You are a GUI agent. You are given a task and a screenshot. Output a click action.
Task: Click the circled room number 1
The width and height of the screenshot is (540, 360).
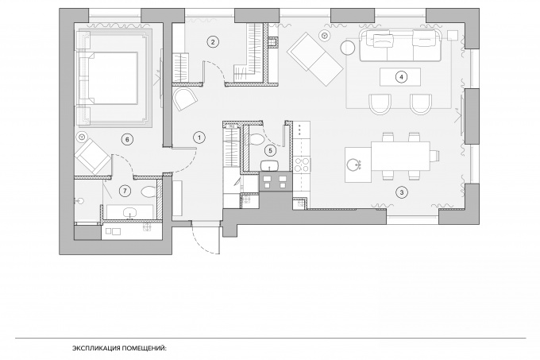[x=199, y=137]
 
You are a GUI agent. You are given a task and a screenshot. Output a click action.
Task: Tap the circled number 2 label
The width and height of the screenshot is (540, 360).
[x=213, y=42]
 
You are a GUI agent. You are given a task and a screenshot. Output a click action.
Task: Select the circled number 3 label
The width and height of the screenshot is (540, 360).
[x=402, y=192]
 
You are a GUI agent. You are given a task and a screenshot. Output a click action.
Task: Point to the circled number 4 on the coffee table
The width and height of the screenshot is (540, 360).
[x=401, y=77]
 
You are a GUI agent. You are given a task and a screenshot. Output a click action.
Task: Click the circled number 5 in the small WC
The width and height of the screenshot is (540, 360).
[x=270, y=150]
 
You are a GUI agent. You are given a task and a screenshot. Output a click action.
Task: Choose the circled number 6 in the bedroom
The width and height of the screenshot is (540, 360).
[x=127, y=140]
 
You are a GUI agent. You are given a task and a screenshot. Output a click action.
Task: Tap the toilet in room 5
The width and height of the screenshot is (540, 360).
[x=256, y=139]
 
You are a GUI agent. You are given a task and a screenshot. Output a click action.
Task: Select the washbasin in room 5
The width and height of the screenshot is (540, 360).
[x=270, y=166]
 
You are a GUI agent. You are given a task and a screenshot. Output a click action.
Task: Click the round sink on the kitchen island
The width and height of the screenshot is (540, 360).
[x=354, y=165]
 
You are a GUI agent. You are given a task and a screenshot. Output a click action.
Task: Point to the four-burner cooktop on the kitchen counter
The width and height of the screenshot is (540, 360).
[x=302, y=164]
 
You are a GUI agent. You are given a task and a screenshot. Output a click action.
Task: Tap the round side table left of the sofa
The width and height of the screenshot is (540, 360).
[x=348, y=48]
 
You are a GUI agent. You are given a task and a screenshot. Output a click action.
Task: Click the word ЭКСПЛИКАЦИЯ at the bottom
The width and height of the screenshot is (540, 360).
[x=95, y=348]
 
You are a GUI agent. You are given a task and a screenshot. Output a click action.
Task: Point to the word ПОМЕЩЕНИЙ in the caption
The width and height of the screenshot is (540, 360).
[x=143, y=348]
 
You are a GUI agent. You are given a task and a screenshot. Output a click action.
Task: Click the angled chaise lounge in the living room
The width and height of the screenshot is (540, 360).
[x=314, y=60]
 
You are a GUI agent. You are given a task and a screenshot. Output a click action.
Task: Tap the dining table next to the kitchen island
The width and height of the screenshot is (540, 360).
[x=400, y=156]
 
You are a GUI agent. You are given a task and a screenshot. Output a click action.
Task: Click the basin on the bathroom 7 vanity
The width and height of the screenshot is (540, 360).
[x=129, y=212]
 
